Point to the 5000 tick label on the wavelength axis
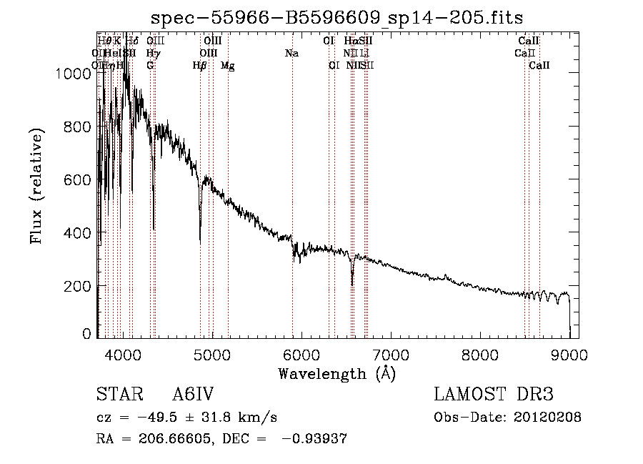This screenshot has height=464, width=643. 211,354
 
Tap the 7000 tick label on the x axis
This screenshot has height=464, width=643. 390,354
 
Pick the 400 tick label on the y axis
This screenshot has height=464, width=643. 80,232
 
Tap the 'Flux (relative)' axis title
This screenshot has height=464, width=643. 37,187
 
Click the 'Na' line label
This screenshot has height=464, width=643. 291,54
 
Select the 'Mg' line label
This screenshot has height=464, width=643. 228,66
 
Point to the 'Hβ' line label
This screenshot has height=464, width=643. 199,66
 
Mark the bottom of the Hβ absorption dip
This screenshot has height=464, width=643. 200,243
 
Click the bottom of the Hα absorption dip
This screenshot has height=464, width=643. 352,284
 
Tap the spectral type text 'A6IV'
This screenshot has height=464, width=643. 194,395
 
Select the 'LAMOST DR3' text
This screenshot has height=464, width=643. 494,395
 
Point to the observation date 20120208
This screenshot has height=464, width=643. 548,418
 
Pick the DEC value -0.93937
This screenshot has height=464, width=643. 315,439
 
